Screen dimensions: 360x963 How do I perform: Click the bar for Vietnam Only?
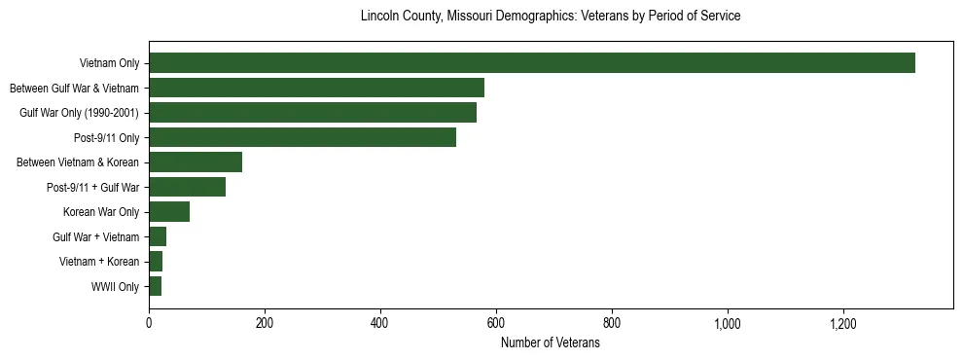tap(531, 63)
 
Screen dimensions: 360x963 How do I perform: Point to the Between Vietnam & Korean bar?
tap(196, 162)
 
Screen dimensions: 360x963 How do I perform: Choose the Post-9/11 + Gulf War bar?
tap(187, 187)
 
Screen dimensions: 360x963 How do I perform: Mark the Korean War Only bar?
tap(169, 212)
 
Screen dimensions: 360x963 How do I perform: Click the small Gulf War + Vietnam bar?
tap(158, 236)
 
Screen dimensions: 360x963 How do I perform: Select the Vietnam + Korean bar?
tap(156, 262)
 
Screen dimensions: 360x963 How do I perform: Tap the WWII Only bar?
tap(155, 286)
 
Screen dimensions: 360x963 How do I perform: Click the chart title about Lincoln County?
tap(551, 17)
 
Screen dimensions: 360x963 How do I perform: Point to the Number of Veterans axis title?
tap(551, 342)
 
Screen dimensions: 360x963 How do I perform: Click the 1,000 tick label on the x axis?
tap(728, 323)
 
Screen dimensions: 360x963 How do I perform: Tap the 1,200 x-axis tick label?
tap(843, 323)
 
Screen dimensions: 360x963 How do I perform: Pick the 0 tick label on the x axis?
tap(149, 323)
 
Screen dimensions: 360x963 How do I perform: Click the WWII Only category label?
tap(115, 287)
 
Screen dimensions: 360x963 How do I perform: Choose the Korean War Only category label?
tap(101, 212)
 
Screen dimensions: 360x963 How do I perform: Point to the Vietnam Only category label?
tap(109, 64)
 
